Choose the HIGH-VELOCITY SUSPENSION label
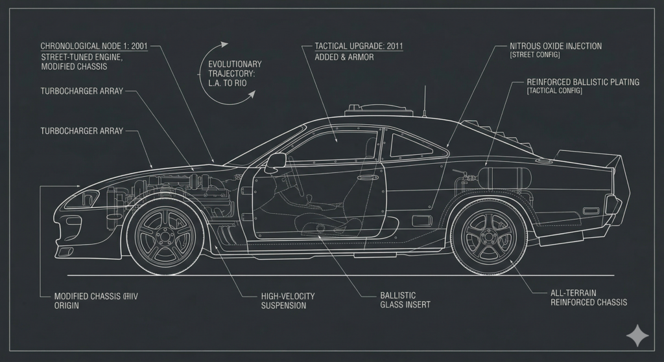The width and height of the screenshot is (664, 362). (x=287, y=300)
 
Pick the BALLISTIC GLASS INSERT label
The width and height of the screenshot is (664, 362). (x=405, y=300)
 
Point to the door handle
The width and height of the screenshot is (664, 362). (x=367, y=175)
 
